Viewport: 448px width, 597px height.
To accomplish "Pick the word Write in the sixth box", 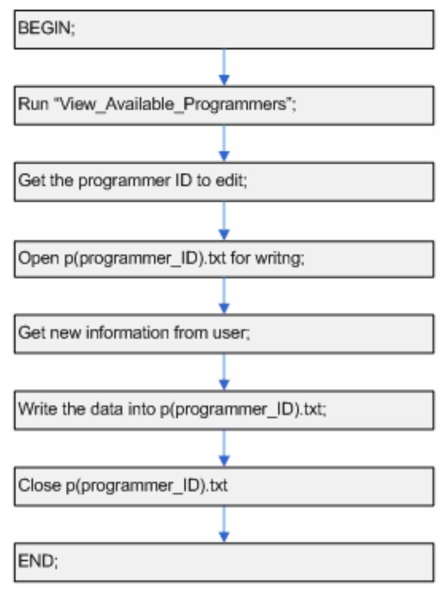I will (34, 408).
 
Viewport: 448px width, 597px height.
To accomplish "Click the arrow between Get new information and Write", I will (224, 371).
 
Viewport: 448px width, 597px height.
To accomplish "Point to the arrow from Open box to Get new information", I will (224, 295).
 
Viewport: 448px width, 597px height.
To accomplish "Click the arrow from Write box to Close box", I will (224, 447).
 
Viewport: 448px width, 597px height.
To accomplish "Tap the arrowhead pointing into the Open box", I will (224, 233).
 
